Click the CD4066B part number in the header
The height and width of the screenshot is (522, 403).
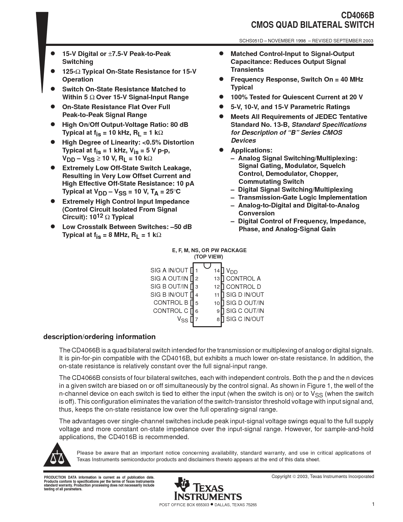click(x=357, y=16)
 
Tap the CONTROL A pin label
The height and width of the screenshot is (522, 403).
click(x=243, y=279)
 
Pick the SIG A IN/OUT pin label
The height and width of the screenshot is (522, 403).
click(x=169, y=270)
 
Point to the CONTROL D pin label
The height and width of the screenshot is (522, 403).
click(x=243, y=287)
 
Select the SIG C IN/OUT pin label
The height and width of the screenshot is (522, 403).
click(x=245, y=319)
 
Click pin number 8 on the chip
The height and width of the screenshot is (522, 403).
click(x=218, y=320)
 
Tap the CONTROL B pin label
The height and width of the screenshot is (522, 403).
click(x=171, y=303)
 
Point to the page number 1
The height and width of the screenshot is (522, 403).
click(x=373, y=504)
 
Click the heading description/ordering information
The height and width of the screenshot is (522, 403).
click(x=99, y=337)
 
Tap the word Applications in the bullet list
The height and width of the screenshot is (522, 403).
click(x=251, y=150)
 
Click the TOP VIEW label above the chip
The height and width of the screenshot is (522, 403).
click(x=209, y=257)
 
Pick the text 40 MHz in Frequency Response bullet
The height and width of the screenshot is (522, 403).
click(x=352, y=79)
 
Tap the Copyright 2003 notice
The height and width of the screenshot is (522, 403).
click(x=322, y=476)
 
